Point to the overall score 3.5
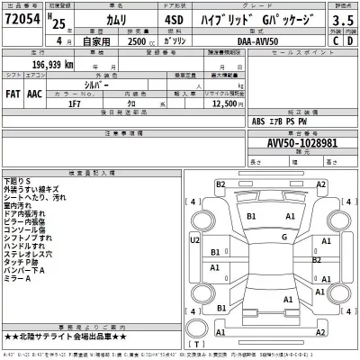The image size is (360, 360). [342, 19]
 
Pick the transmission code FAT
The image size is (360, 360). [13, 92]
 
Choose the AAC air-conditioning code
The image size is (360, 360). [36, 92]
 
